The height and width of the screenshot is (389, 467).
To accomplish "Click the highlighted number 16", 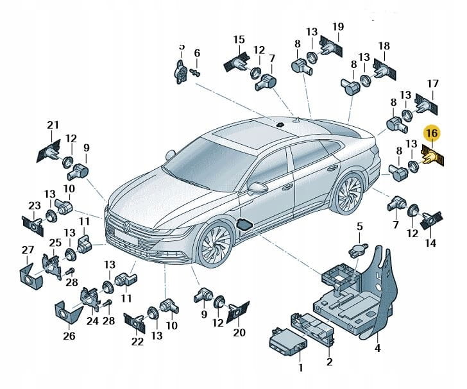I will point(432,133).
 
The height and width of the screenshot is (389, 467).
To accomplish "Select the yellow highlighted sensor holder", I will point(431,156).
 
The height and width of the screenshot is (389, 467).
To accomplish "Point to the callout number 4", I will point(378,349).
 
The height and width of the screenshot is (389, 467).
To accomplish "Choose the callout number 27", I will point(28,249).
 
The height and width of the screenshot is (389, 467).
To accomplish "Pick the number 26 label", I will point(69,335).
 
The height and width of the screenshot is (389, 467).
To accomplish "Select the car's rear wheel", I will point(350,193).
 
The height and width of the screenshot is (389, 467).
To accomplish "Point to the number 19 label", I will point(338,26).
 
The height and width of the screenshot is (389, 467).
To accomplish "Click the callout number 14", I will point(429,243).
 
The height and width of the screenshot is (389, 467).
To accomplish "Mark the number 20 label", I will point(239,332).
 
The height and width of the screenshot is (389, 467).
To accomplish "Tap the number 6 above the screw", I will point(197,53).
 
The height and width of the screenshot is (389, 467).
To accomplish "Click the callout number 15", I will point(239,40).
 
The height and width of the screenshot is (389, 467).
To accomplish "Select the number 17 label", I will point(432,83).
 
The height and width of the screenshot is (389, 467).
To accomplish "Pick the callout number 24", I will point(92,321).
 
